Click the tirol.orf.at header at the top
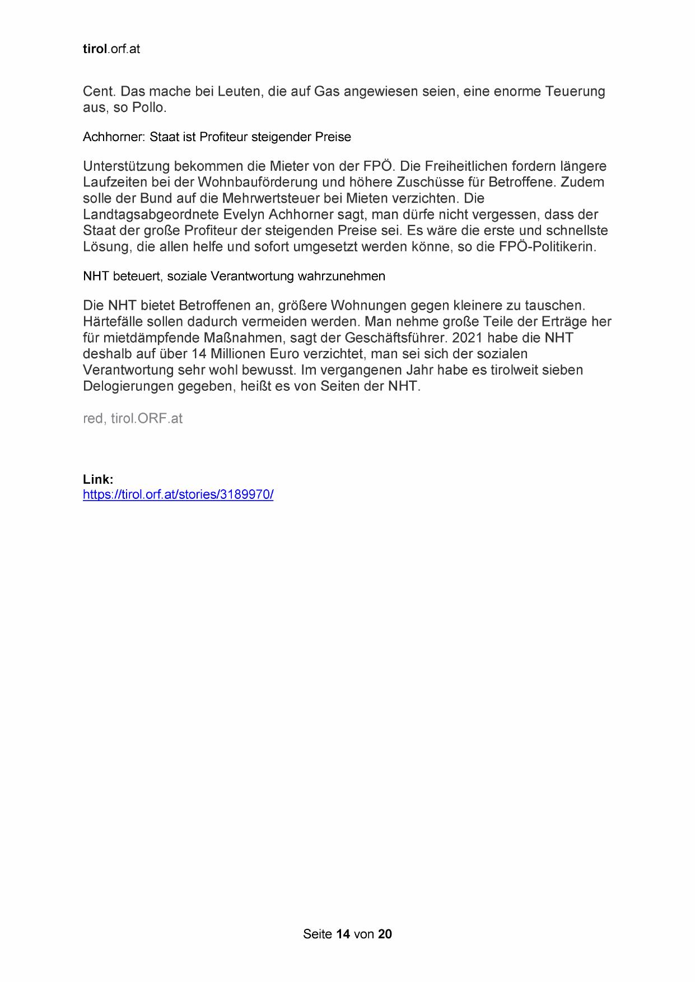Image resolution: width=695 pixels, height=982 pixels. (111, 49)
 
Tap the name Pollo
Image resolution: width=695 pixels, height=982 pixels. (149, 107)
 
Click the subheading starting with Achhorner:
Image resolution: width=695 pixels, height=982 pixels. (217, 137)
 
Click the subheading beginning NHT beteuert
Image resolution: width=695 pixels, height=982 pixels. (234, 277)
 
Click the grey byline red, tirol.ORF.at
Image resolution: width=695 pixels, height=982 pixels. (133, 419)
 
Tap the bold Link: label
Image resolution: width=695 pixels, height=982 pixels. (98, 480)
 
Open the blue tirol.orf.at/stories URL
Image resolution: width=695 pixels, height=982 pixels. (178, 495)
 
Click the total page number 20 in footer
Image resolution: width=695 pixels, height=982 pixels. (385, 934)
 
